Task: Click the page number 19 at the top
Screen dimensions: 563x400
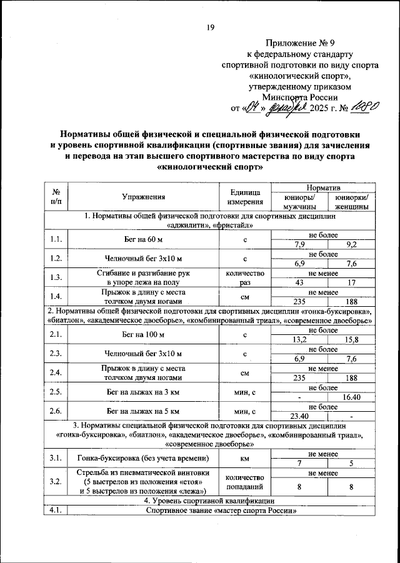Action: coord(210,27)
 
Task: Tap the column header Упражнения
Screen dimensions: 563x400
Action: coord(144,196)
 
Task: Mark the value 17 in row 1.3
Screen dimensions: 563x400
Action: coord(352,281)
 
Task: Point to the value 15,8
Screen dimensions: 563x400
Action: coord(352,339)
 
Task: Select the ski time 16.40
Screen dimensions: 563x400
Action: coord(352,397)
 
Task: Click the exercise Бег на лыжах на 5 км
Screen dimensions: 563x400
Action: coord(144,411)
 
